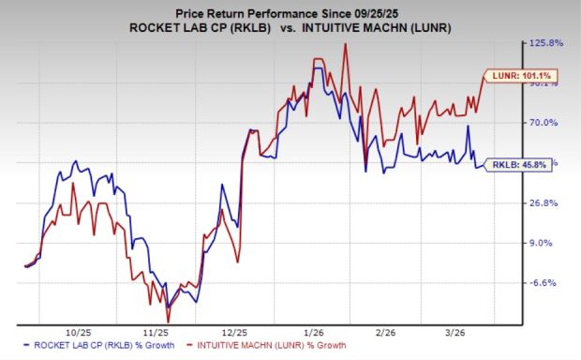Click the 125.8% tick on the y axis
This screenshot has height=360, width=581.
pyautogui.click(x=547, y=43)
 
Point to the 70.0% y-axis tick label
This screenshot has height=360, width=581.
pyautogui.click(x=545, y=123)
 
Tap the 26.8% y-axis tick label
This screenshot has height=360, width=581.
pyautogui.click(x=545, y=203)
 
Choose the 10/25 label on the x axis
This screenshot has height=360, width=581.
pyautogui.click(x=80, y=332)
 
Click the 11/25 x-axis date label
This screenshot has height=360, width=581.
pyautogui.click(x=157, y=332)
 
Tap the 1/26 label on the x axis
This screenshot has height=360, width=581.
pyautogui.click(x=314, y=332)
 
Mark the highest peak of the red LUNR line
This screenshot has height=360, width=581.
pyautogui.click(x=347, y=44)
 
